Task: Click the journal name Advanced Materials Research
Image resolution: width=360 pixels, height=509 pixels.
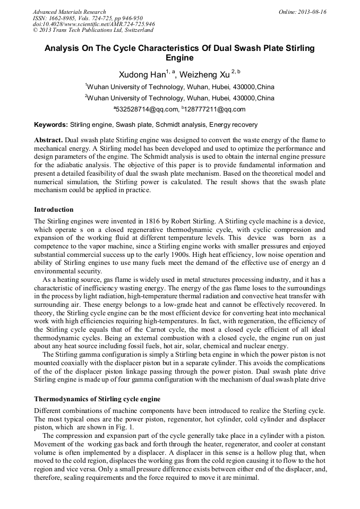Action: point(69,12)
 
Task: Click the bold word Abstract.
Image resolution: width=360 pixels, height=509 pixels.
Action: point(48,140)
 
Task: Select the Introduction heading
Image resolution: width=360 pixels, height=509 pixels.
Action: point(54,210)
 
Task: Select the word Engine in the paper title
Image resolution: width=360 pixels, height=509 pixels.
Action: point(179,58)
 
